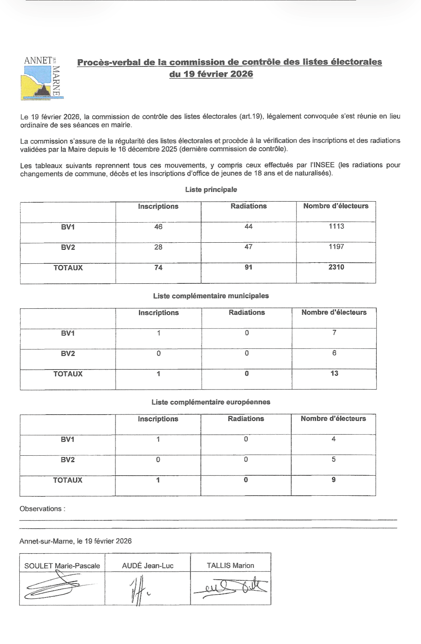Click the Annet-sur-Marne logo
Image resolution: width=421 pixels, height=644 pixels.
pos(42,78)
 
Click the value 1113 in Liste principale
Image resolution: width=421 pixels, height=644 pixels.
pos(336,226)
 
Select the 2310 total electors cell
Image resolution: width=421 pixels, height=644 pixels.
pos(336,267)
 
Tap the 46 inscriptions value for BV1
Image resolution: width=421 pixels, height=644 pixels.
pos(158,227)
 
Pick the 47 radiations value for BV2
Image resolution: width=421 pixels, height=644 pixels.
pos(249,247)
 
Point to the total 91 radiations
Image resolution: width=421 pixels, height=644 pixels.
pos(249,267)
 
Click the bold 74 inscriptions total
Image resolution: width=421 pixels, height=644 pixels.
pos(158,267)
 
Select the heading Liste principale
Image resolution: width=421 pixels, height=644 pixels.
pos(211,189)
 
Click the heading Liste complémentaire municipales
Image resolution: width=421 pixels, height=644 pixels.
pos(211,296)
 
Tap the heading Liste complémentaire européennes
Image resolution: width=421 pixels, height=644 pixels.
pos(211,402)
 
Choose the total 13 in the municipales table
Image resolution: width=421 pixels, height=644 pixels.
pos(334,373)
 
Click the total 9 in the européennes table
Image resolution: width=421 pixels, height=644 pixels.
pos(334,480)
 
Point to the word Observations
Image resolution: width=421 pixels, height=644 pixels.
pos(41,509)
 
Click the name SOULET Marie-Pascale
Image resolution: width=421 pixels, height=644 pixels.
pos(62,566)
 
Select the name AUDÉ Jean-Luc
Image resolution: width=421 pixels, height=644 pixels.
pos(147,566)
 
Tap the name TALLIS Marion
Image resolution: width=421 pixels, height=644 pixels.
pos(230,565)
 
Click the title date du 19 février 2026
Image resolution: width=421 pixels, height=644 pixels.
pos(211,74)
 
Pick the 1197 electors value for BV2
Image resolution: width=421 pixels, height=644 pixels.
pos(336,247)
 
